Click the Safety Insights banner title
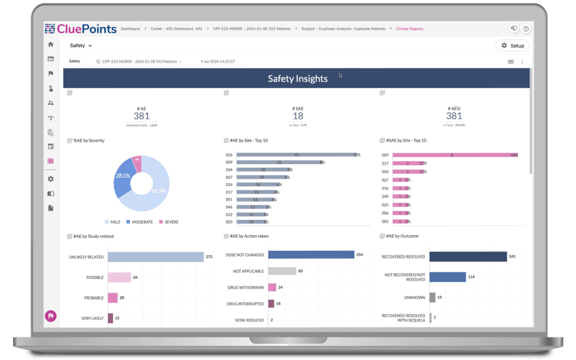point(297,79)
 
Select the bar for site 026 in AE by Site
point(296,155)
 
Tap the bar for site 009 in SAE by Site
point(449,155)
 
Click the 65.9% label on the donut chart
point(159,191)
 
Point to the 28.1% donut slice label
point(123,175)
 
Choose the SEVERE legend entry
point(168,222)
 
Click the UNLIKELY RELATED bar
point(155,257)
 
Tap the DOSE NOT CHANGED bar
point(310,255)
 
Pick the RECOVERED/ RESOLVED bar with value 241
point(468,257)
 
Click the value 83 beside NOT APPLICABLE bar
point(300,271)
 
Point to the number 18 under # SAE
point(297,116)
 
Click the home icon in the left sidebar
point(51,44)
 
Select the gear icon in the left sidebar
point(51,179)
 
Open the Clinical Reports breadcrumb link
point(409,29)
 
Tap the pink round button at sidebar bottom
point(51,316)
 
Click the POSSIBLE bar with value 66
point(119,277)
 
